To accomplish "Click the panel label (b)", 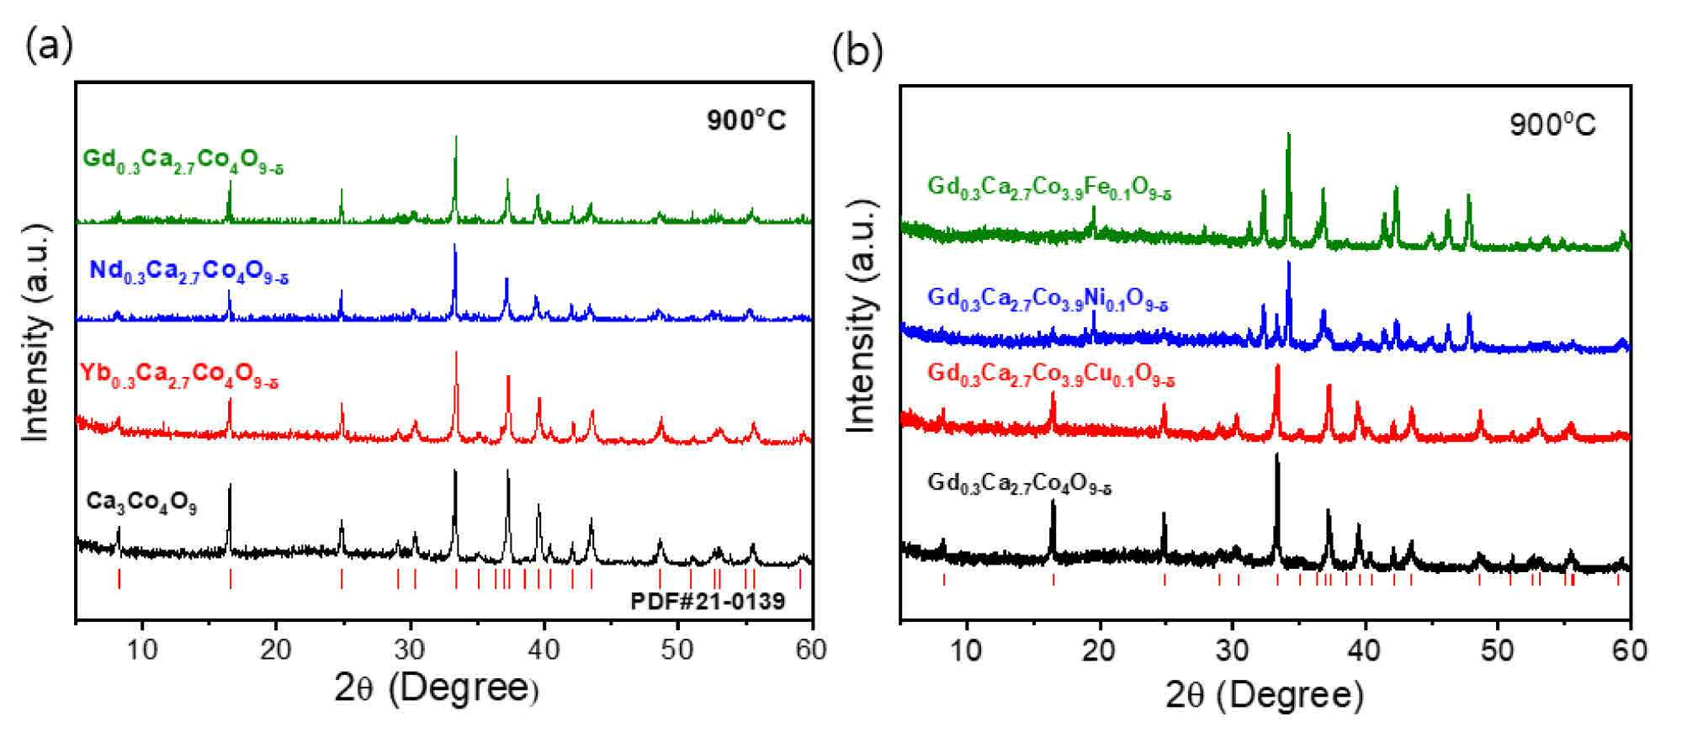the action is [857, 51].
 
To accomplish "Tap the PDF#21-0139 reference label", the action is [708, 601].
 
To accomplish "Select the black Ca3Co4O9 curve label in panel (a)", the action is [141, 503].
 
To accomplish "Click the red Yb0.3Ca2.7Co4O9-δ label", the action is [179, 374].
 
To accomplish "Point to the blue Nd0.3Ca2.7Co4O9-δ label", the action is [188, 272].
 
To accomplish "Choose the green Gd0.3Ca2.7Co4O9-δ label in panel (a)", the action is [183, 161].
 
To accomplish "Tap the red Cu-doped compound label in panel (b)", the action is [1051, 374].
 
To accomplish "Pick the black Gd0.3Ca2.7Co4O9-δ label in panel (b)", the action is [1019, 484].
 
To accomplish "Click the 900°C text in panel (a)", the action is [745, 120].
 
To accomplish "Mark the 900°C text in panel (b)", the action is [1552, 125].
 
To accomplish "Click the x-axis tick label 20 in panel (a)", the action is [276, 650].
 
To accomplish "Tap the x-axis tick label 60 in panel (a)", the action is [811, 650].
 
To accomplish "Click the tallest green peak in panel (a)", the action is [455, 137].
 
